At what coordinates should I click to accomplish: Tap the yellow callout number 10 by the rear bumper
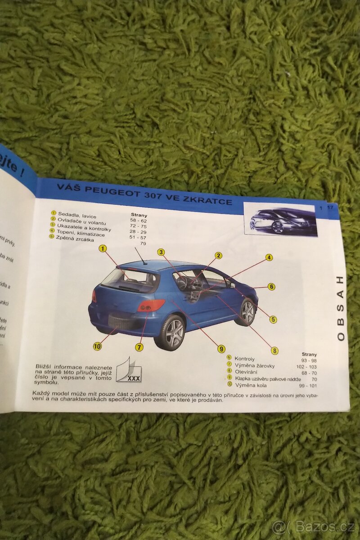pyautogui.click(x=97, y=346)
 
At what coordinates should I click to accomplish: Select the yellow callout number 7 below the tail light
pyautogui.click(x=139, y=347)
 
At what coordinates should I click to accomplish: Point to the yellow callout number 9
pyautogui.click(x=221, y=348)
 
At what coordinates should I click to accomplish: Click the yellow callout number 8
pyautogui.click(x=274, y=351)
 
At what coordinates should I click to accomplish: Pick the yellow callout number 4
pyautogui.click(x=269, y=257)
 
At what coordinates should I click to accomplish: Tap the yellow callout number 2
pyautogui.click(x=218, y=256)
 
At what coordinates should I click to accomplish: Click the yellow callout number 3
pyautogui.click(x=161, y=252)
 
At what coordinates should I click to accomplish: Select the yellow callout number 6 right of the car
pyautogui.click(x=271, y=286)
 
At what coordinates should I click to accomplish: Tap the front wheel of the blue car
pyautogui.click(x=247, y=312)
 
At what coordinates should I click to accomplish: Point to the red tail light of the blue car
pyautogui.click(x=151, y=306)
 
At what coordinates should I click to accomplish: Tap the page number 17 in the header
pyautogui.click(x=330, y=207)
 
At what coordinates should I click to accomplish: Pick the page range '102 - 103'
pyautogui.click(x=306, y=367)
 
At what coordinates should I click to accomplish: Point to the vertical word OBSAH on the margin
pyautogui.click(x=341, y=308)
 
